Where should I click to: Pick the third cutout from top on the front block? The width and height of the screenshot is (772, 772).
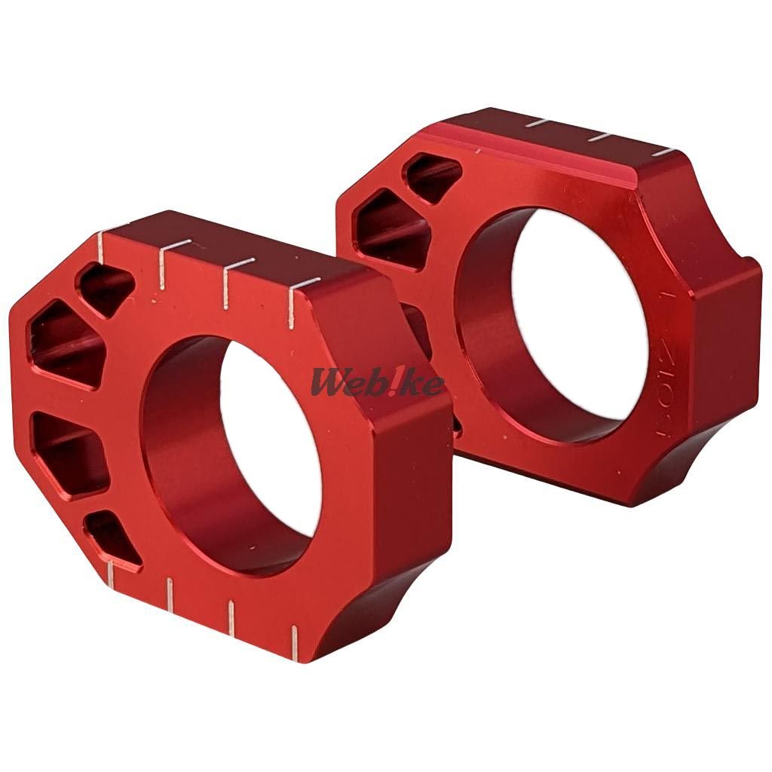click(x=69, y=452)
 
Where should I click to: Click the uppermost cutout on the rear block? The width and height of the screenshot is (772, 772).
click(x=433, y=177)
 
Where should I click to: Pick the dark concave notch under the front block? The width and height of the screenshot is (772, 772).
click(x=377, y=611)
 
